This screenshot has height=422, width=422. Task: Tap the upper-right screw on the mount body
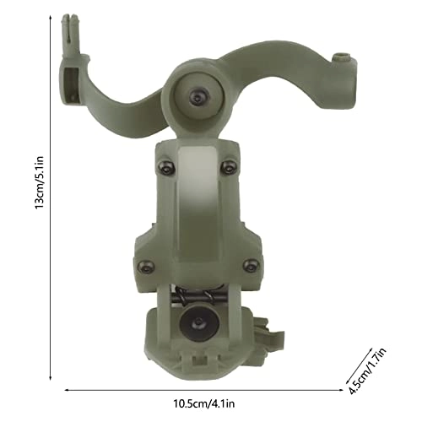(225, 167)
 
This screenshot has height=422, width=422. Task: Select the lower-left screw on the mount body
(143, 264)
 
